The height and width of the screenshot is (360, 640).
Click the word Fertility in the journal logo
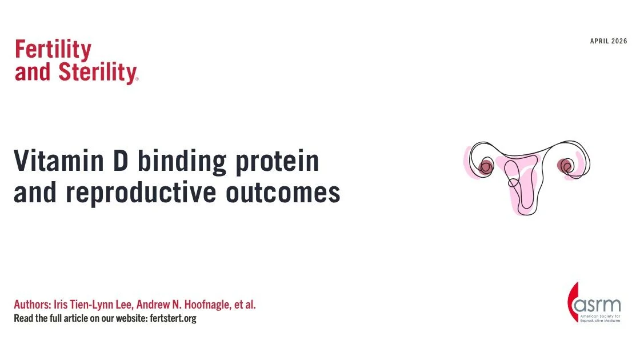click(x=53, y=51)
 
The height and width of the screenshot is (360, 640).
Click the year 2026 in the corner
click(x=619, y=41)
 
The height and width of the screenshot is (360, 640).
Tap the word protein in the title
click(x=279, y=162)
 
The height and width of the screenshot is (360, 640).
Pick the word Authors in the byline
click(x=31, y=305)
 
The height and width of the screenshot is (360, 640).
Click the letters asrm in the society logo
click(x=600, y=303)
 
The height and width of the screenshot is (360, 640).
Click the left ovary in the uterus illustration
click(x=486, y=167)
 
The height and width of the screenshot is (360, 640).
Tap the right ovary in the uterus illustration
click(x=566, y=166)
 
